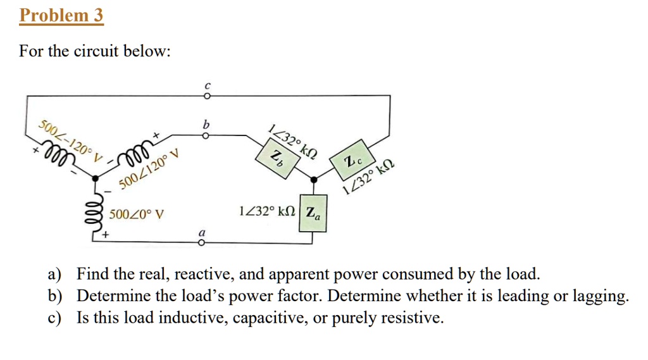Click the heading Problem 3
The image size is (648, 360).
pyautogui.click(x=61, y=15)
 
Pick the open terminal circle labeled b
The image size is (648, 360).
pyautogui.click(x=205, y=135)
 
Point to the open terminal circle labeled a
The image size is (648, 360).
pyautogui.click(x=202, y=242)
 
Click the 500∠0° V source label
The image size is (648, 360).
pyautogui.click(x=136, y=214)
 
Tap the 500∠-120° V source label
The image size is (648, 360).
pyautogui.click(x=70, y=139)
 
